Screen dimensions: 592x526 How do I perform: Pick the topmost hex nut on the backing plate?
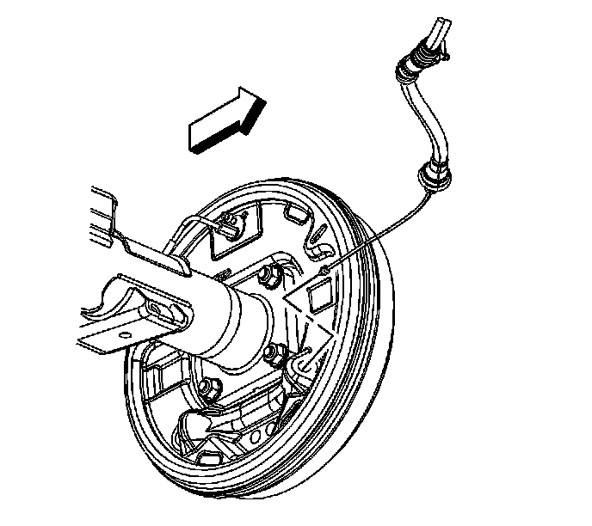tap(267, 277)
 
